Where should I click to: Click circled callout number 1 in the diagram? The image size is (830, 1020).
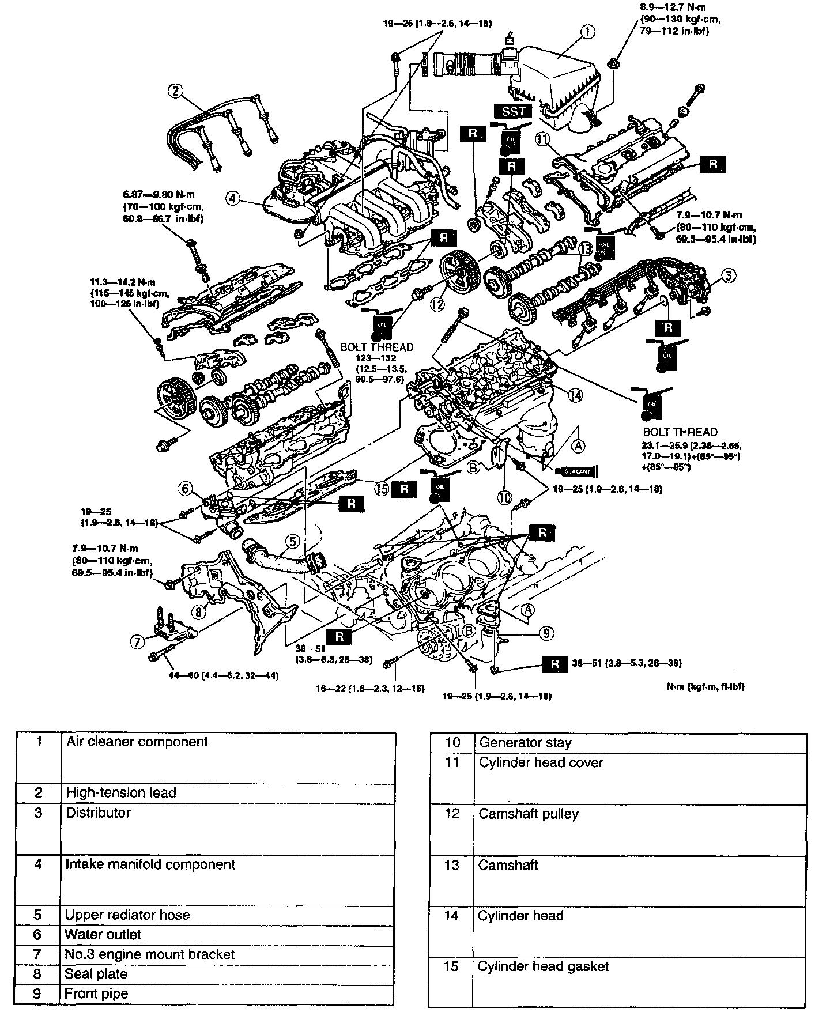pos(587,32)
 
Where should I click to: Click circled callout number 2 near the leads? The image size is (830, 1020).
pos(176,90)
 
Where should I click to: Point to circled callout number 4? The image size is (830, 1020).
pos(232,199)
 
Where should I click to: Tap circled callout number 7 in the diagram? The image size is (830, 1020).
pos(137,641)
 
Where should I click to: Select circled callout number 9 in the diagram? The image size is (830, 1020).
pos(546,634)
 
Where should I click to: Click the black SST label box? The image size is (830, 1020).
pos(512,111)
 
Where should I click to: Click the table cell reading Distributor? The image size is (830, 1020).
pos(228,830)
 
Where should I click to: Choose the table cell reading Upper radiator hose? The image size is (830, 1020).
pos(228,915)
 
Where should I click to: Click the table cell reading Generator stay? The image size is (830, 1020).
pos(639,743)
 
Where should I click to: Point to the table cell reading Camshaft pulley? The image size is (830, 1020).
pos(639,830)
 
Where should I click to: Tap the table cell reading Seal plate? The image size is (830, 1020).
pos(228,974)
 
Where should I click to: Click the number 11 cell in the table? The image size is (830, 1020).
pos(452,780)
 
